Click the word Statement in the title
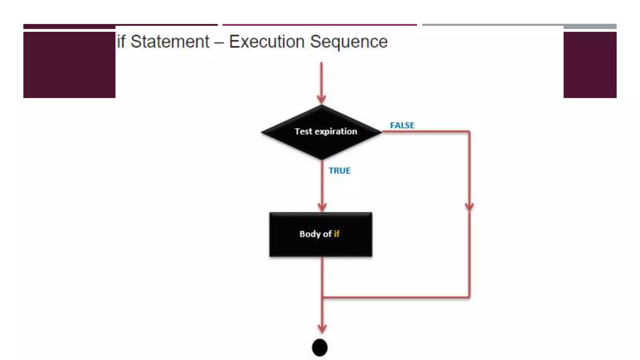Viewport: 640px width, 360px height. (170, 42)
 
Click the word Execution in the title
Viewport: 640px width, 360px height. (267, 42)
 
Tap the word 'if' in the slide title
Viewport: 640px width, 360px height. (121, 42)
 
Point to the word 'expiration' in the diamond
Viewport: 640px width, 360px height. (336, 132)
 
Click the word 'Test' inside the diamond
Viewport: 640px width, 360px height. (303, 132)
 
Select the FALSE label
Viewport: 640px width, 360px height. (402, 125)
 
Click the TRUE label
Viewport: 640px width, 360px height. (339, 171)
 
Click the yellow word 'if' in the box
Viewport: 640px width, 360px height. (336, 234)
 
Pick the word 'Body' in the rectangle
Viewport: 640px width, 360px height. (310, 234)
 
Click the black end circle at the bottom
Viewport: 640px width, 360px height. (320, 347)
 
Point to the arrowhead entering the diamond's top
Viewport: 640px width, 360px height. (321, 99)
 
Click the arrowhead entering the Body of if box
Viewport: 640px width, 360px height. (322, 207)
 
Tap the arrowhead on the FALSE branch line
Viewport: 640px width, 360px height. (469, 207)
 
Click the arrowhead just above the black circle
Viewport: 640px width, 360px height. (322, 328)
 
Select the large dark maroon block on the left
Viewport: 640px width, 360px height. (69, 65)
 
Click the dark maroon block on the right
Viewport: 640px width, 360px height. (590, 65)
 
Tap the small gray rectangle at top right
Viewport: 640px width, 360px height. (590, 27)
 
